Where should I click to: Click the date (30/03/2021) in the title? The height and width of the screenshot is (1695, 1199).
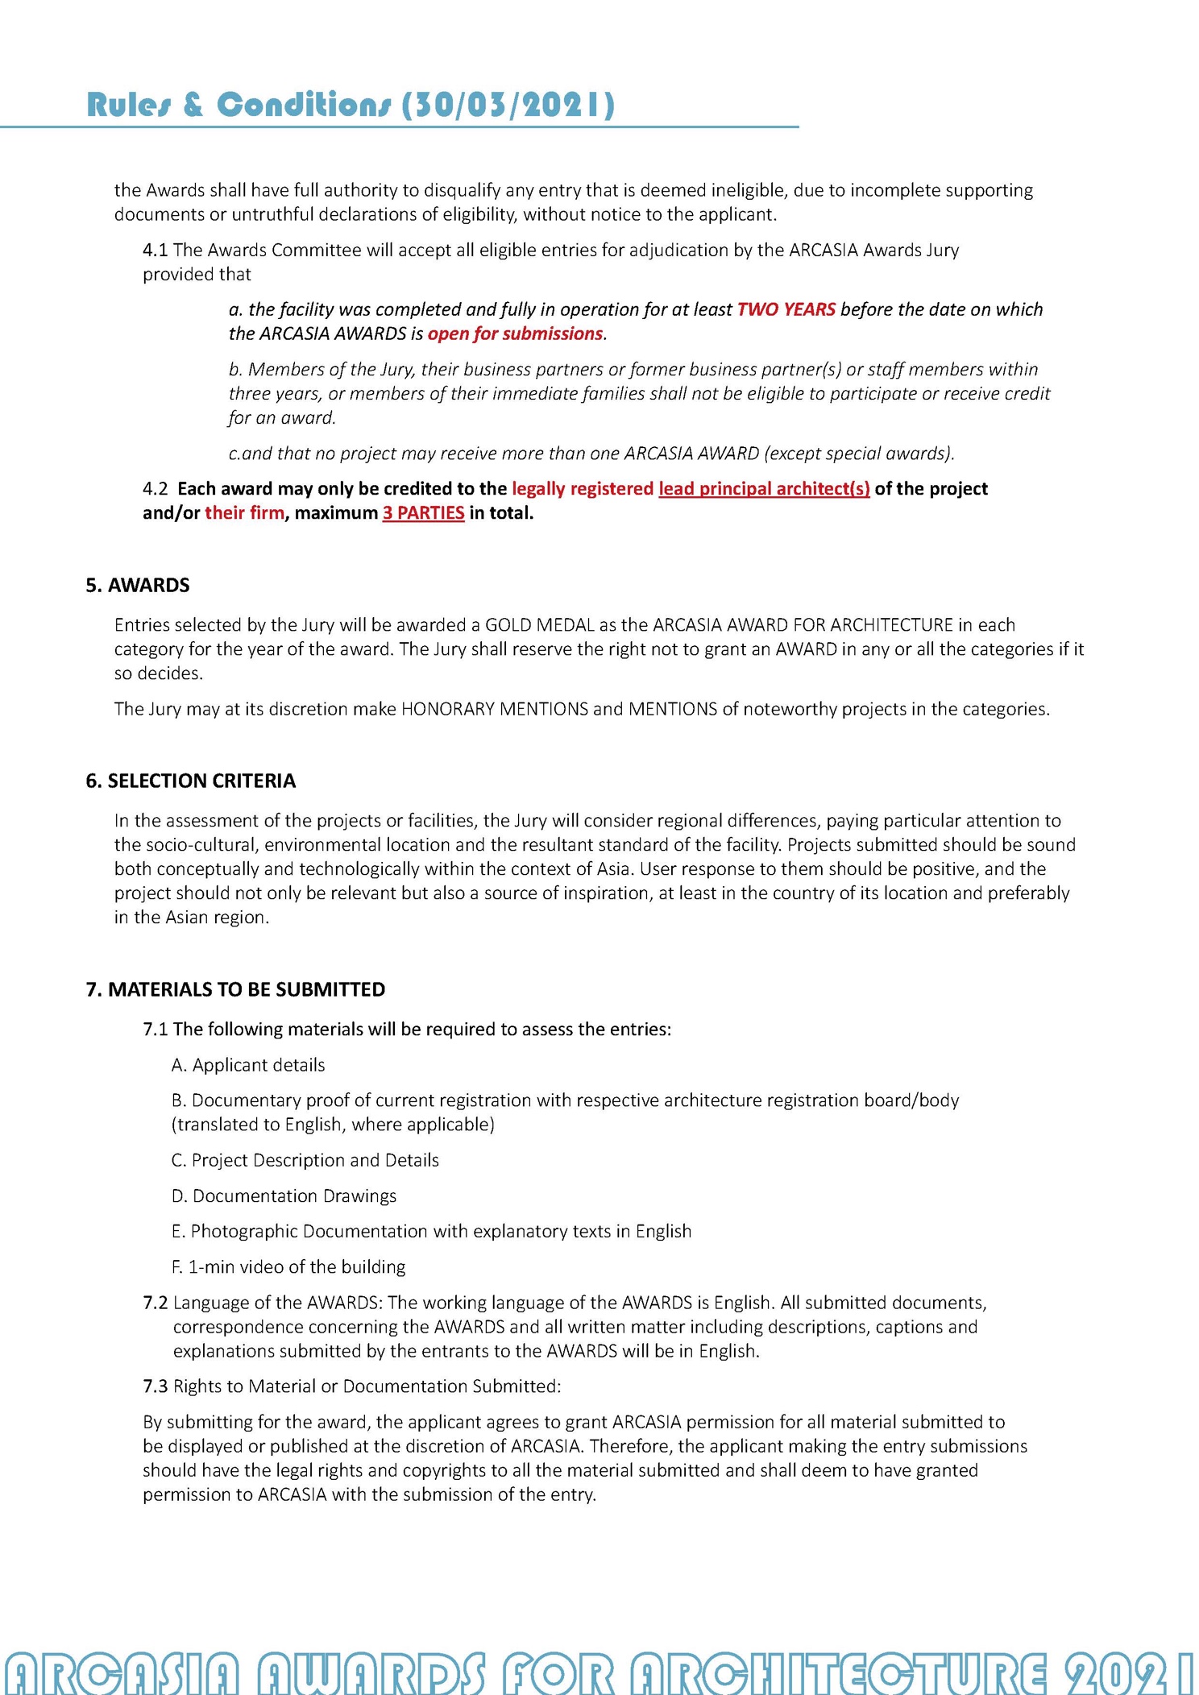pyautogui.click(x=508, y=106)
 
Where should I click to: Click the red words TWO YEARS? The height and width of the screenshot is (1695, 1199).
pyautogui.click(x=786, y=309)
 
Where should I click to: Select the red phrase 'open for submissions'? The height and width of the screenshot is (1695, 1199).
pyautogui.click(x=515, y=334)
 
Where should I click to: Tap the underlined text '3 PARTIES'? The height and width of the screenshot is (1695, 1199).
pyautogui.click(x=423, y=513)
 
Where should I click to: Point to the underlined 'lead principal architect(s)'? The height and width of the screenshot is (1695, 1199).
pyautogui.click(x=764, y=489)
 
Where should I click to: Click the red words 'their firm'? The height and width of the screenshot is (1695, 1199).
pyautogui.click(x=244, y=513)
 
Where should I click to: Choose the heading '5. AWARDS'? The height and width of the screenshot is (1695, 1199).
pyautogui.click(x=138, y=586)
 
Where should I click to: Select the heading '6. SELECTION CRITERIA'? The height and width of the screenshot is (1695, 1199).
pyautogui.click(x=191, y=781)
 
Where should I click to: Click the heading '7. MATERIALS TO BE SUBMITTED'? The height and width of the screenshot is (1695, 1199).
pyautogui.click(x=235, y=989)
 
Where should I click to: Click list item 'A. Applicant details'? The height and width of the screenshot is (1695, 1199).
pyautogui.click(x=248, y=1065)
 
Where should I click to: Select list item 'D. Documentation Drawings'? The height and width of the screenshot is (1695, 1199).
pyautogui.click(x=284, y=1196)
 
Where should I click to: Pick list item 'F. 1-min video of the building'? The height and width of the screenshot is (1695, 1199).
pyautogui.click(x=288, y=1266)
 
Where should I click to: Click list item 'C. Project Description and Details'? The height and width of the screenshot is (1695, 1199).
pyautogui.click(x=305, y=1160)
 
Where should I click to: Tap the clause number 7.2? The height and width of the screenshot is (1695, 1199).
pyautogui.click(x=156, y=1303)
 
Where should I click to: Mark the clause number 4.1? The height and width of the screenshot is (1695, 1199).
pyautogui.click(x=156, y=251)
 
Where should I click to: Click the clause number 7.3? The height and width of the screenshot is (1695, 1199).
pyautogui.click(x=156, y=1386)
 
